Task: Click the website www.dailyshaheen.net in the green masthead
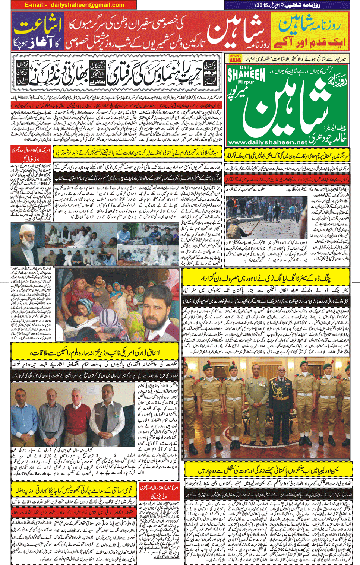[x=268, y=142]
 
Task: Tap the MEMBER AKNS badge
[x=235, y=58]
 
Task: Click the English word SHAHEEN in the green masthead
[x=246, y=75]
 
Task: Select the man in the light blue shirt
[x=23, y=410]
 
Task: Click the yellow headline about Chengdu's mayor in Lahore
[x=266, y=277]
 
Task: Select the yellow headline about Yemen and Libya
[x=268, y=470]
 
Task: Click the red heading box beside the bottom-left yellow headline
[x=159, y=491]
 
